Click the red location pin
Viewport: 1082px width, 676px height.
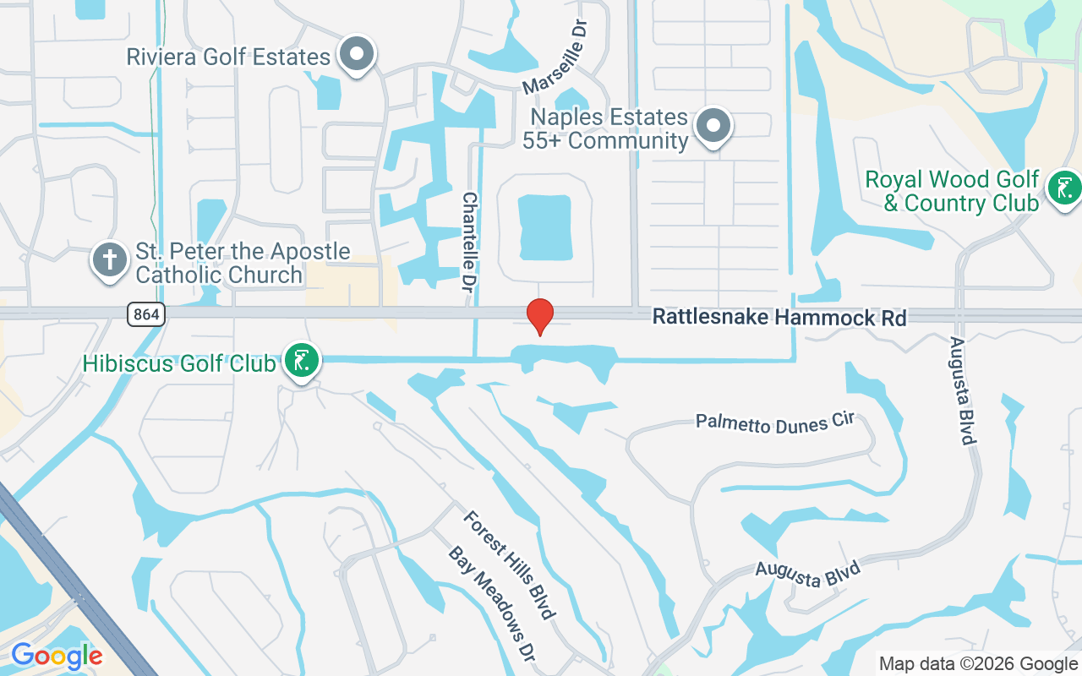(540, 315)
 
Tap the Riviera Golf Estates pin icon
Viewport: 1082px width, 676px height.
(357, 54)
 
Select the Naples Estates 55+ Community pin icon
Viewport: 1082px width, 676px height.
(713, 127)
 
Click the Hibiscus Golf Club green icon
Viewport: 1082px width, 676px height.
(301, 362)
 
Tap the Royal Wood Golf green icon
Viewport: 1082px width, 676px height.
(1063, 188)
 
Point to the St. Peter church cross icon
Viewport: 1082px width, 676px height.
(110, 260)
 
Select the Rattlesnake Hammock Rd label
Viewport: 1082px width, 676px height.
(779, 318)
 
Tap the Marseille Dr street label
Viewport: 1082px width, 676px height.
(555, 58)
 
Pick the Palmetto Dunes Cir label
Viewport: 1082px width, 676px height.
(775, 422)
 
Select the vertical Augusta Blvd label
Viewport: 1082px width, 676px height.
(962, 390)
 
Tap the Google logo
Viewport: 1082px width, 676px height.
(57, 656)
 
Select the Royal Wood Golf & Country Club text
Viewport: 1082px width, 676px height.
(952, 191)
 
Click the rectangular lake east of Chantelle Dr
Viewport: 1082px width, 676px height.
(544, 227)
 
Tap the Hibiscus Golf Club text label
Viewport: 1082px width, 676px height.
(179, 364)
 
